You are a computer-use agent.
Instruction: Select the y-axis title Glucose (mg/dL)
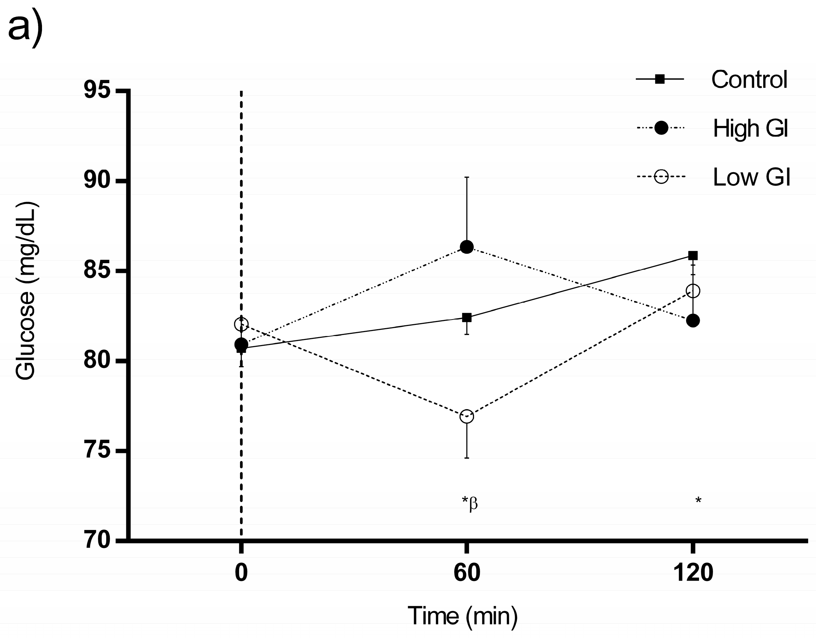(x=26, y=291)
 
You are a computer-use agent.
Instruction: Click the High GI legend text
(x=750, y=128)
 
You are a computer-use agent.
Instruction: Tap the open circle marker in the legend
(x=661, y=177)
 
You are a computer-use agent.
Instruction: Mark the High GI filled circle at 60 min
(x=466, y=246)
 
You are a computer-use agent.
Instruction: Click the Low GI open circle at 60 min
(x=466, y=416)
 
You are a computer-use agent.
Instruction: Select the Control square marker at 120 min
(x=693, y=255)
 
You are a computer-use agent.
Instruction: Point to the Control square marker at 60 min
(x=466, y=317)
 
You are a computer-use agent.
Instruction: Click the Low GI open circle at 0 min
(x=241, y=324)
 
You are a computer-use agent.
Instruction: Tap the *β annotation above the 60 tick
(x=469, y=502)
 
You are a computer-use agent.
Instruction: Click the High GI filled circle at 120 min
(x=693, y=321)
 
